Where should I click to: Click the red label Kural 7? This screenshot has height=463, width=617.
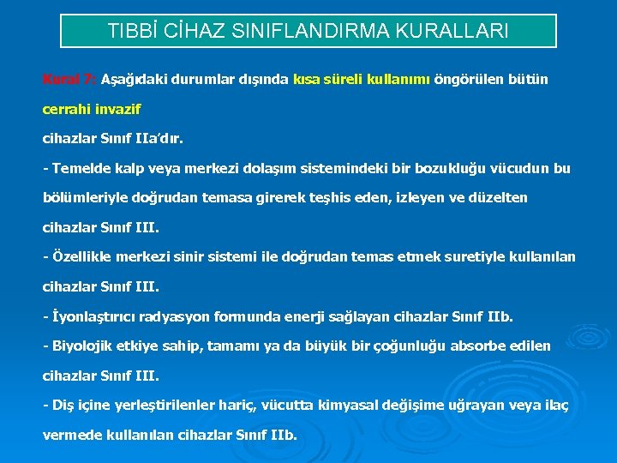click(69, 79)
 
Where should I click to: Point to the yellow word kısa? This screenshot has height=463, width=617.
click(308, 79)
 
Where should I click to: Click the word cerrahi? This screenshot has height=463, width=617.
click(67, 110)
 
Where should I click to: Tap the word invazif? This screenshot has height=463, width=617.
click(118, 110)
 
